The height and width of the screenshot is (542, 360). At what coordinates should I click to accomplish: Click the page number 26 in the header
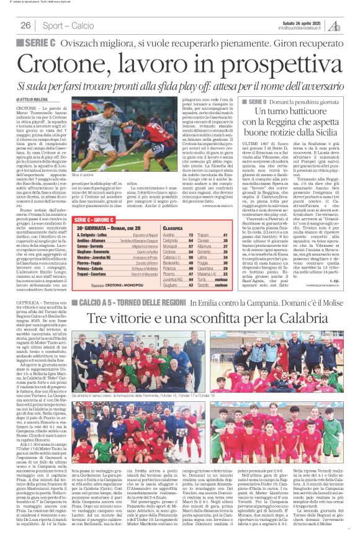[x=26, y=25]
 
